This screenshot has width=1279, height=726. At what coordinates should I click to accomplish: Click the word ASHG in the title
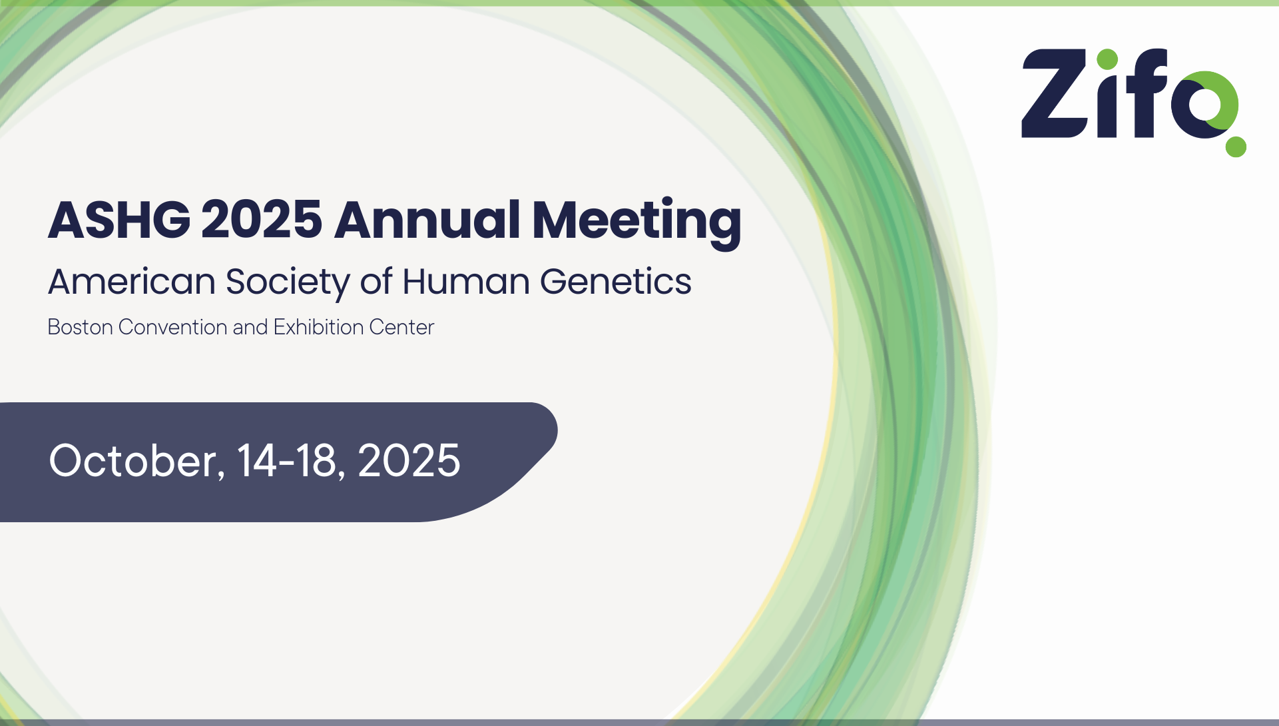[x=119, y=220]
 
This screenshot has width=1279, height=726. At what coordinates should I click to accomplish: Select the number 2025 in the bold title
[x=262, y=220]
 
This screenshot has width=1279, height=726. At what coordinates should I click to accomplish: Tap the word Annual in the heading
[x=427, y=220]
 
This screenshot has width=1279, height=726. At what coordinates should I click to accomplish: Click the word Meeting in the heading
[x=637, y=224]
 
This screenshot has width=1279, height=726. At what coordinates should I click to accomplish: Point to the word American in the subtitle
[x=132, y=282]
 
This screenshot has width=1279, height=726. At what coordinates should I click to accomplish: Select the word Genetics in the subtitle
[x=616, y=281]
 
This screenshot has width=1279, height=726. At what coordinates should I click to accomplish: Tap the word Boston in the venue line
[x=80, y=327]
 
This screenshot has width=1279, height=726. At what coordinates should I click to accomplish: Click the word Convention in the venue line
[x=172, y=327]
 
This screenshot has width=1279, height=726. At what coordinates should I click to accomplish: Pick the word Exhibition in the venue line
[x=318, y=327]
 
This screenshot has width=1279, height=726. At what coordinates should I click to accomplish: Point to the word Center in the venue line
[x=401, y=327]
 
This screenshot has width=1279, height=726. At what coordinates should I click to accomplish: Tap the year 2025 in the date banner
[x=409, y=460]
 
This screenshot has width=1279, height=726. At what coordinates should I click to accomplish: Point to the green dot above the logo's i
[x=1107, y=59]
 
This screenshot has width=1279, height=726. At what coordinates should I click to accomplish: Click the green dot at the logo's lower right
[x=1236, y=147]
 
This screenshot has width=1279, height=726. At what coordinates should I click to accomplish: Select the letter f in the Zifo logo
[x=1147, y=93]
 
